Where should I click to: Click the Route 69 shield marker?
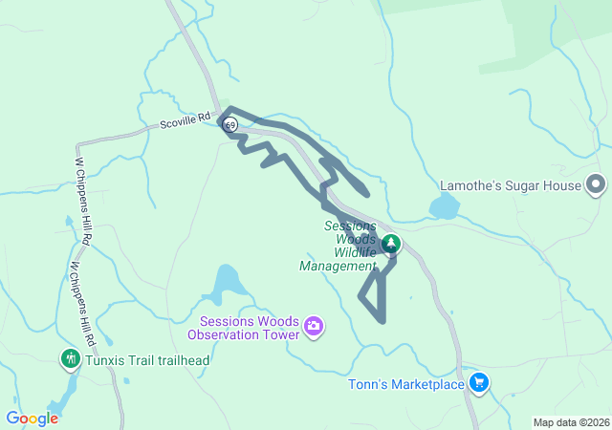click(x=229, y=124)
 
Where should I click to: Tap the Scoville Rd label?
click(x=184, y=122)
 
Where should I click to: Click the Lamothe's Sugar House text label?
click(x=510, y=185)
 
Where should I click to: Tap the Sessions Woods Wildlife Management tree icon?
click(x=390, y=245)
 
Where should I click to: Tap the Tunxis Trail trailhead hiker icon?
click(x=69, y=359)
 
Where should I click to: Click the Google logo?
click(x=32, y=419)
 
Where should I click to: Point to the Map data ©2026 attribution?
click(x=570, y=422)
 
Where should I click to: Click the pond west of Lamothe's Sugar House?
click(x=445, y=205)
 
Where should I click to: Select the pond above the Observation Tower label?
click(x=227, y=282)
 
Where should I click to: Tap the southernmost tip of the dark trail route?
click(x=382, y=320)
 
